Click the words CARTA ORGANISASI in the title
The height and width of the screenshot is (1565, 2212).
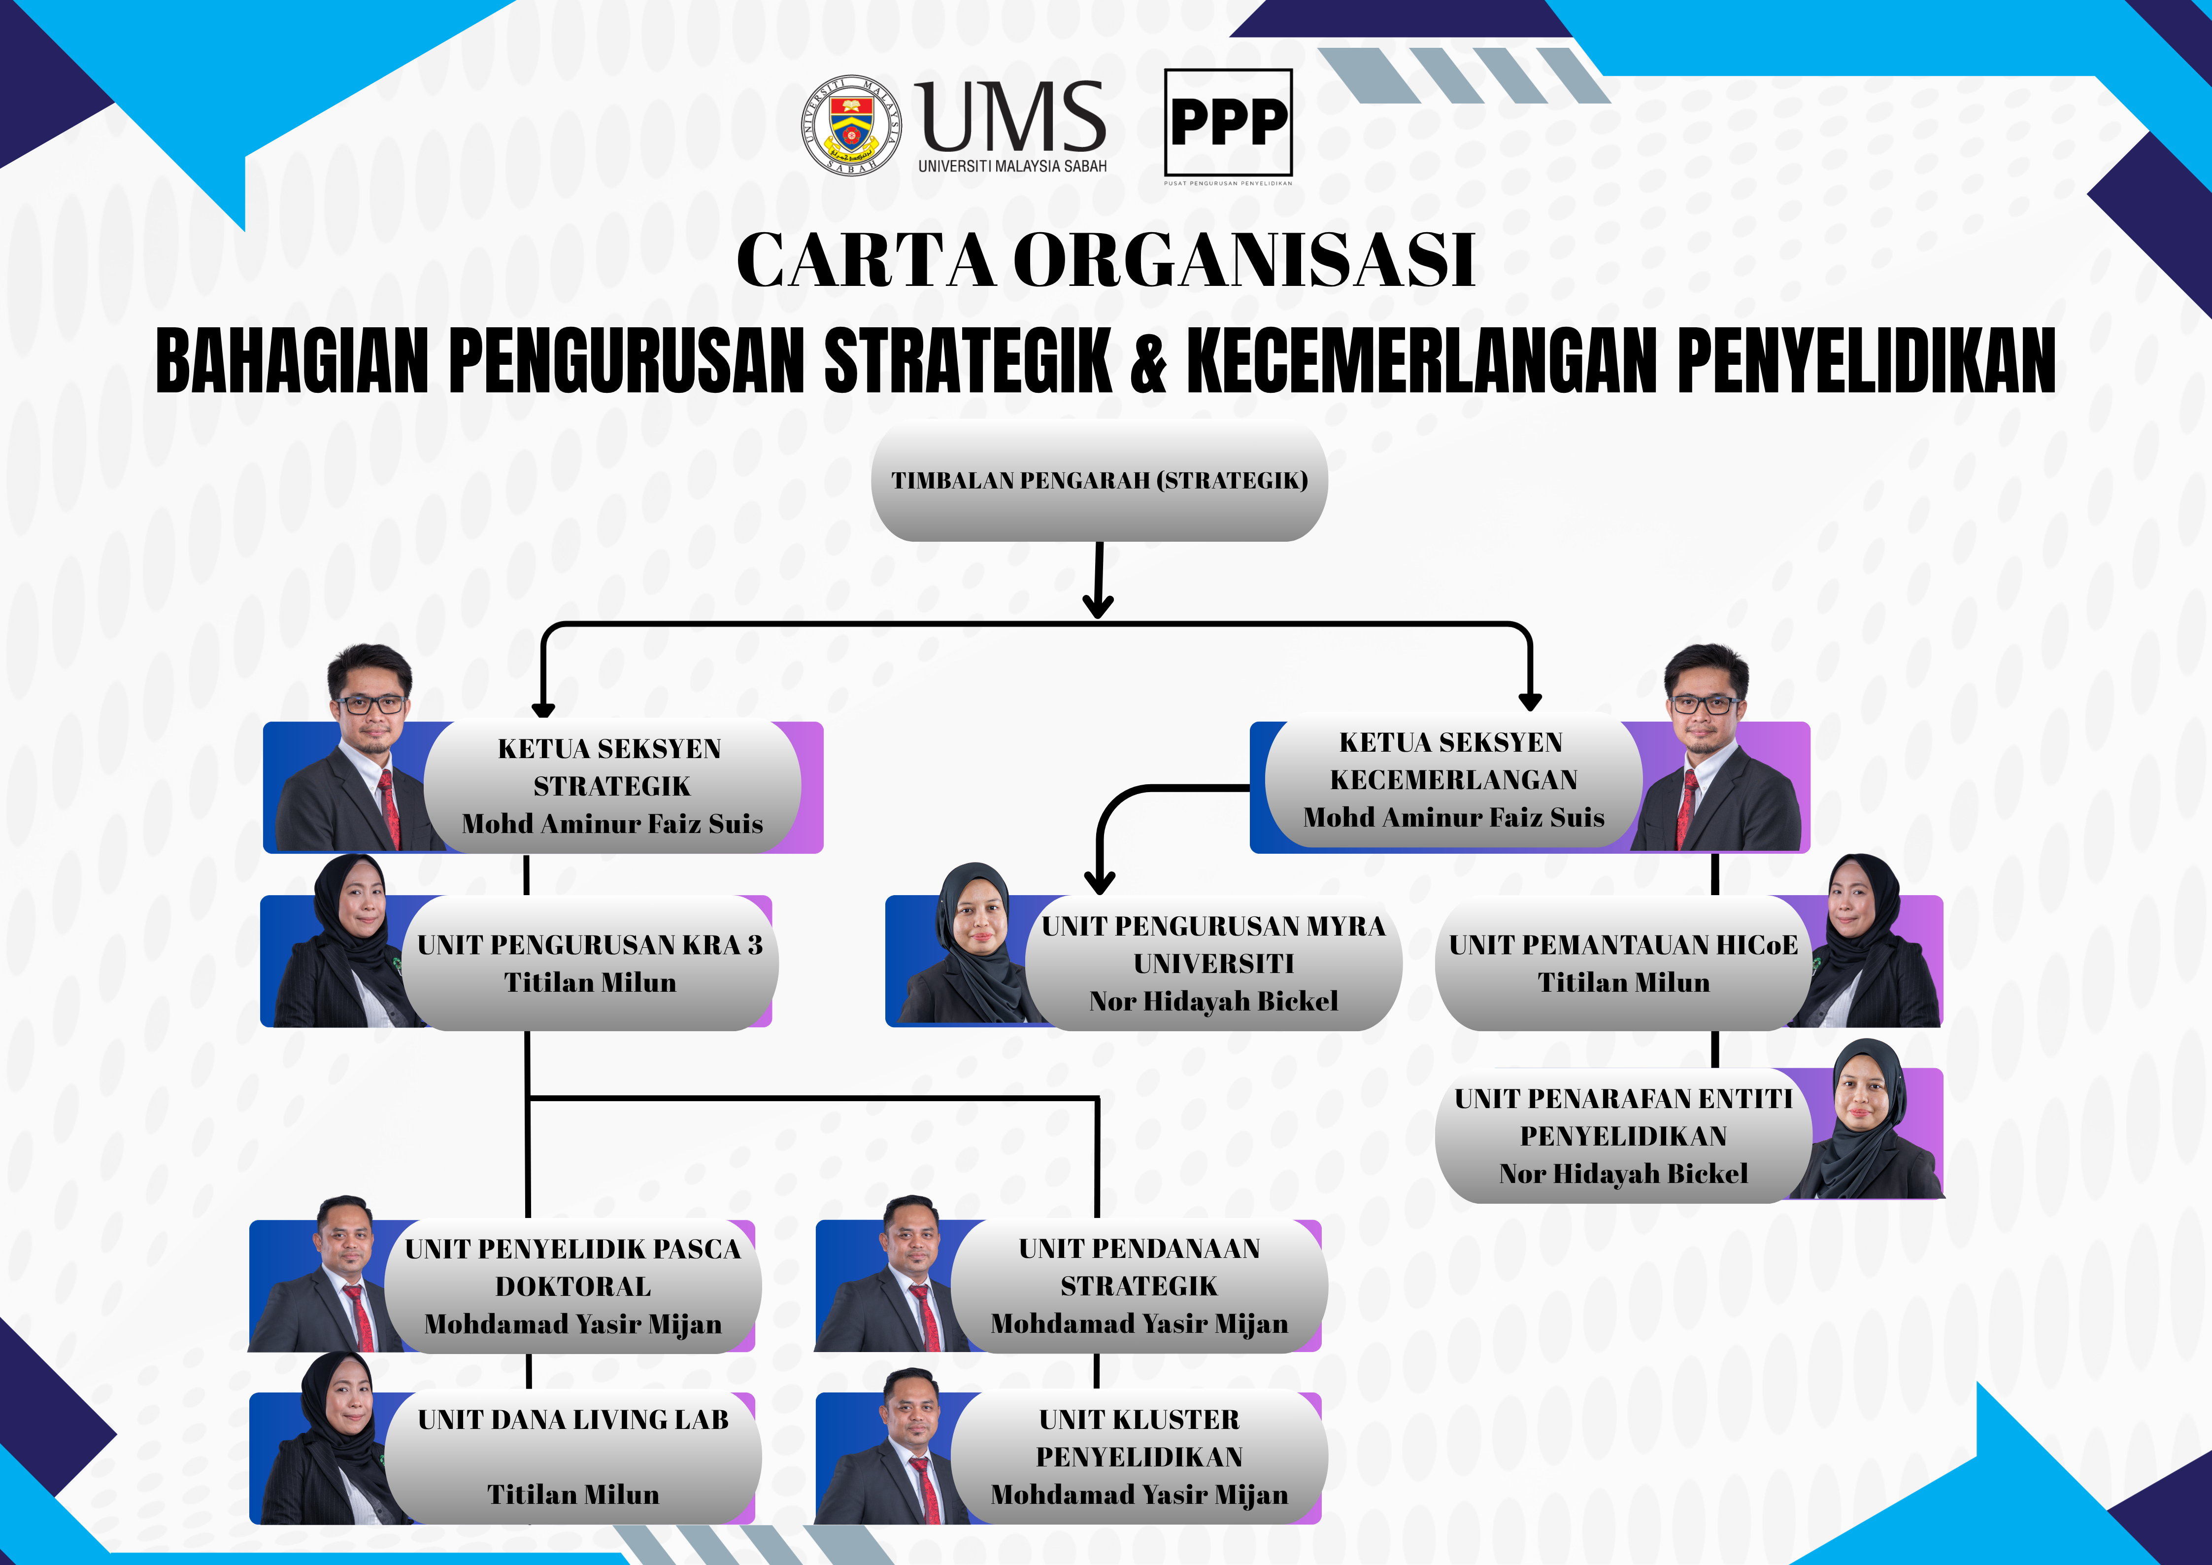click(x=1105, y=260)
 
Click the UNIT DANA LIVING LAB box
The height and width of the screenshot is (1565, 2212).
click(x=572, y=1457)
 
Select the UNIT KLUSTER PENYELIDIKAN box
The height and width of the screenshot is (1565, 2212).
click(x=1139, y=1457)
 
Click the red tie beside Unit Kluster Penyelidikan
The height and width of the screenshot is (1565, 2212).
click(x=927, y=1489)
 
